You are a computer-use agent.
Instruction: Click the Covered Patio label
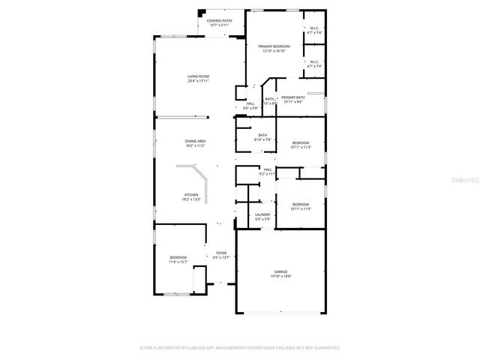[x=219, y=21]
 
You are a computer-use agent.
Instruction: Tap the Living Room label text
[x=198, y=76]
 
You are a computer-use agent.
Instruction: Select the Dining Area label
[x=196, y=141]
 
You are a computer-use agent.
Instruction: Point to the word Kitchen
[x=192, y=195]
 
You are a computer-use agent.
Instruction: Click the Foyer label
[x=221, y=253]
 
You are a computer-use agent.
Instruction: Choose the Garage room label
[x=280, y=272]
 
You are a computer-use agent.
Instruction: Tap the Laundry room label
[x=262, y=214]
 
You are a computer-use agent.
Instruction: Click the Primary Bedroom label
[x=274, y=46]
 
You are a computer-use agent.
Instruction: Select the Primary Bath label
[x=292, y=97]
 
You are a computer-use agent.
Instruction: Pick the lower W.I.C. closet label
[x=313, y=62]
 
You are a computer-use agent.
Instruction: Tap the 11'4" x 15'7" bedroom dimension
[x=178, y=262]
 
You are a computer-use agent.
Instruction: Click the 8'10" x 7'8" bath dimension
[x=262, y=139]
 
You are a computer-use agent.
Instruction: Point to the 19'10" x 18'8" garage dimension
[x=280, y=277]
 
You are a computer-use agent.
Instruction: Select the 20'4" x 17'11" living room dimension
[x=198, y=81]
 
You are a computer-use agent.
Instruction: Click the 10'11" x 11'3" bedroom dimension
[x=300, y=147]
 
